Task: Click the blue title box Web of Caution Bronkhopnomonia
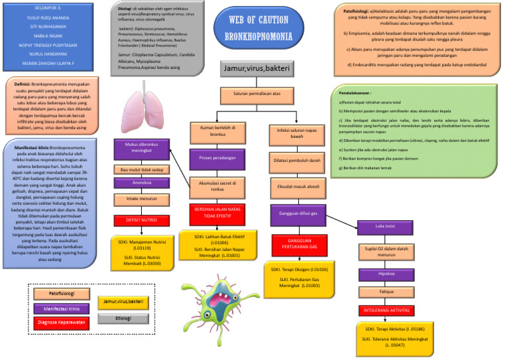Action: coord(259,28)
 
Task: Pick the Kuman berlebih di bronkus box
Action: coord(214,133)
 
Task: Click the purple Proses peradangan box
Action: coord(214,159)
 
